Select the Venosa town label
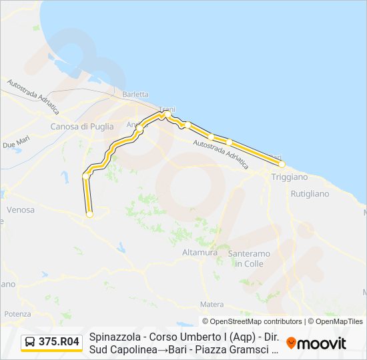coord(20,209)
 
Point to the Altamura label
coord(200,253)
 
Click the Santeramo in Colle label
coord(250,259)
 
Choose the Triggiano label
coord(289,177)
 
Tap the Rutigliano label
coord(310,194)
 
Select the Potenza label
coord(17,313)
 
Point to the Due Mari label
coord(16,143)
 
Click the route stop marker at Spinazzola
coord(89,214)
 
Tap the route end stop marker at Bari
coord(282,163)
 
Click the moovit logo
coord(316,343)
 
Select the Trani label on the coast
coord(165,109)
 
